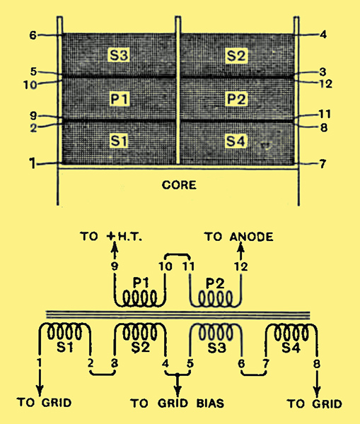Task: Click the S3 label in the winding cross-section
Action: click(x=119, y=55)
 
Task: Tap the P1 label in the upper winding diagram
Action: click(x=119, y=98)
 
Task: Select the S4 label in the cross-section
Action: click(x=236, y=141)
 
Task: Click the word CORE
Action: click(x=179, y=185)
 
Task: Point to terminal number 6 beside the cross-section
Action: click(x=33, y=35)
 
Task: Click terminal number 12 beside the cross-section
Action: click(x=326, y=83)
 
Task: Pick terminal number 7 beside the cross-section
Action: click(x=323, y=164)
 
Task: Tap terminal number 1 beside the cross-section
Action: click(x=33, y=163)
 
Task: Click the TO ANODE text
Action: click(x=239, y=237)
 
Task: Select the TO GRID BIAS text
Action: click(x=178, y=404)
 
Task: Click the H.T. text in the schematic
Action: click(x=129, y=237)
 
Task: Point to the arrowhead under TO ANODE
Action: click(x=240, y=247)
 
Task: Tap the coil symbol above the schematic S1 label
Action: click(x=64, y=331)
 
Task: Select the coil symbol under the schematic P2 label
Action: click(x=216, y=298)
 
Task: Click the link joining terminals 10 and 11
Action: click(x=178, y=254)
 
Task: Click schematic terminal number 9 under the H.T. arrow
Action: click(x=115, y=266)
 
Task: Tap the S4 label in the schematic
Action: click(x=291, y=347)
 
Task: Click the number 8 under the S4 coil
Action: click(x=316, y=364)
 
